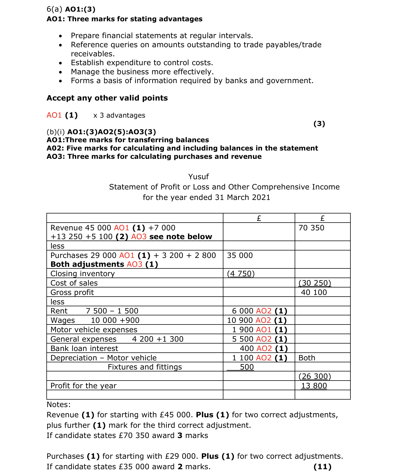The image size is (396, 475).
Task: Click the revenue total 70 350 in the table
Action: (311, 228)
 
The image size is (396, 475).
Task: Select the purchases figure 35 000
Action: (240, 255)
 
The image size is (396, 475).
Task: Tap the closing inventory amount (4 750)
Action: (241, 273)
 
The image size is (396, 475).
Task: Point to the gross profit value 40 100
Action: (314, 292)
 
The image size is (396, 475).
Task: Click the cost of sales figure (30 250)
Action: (315, 283)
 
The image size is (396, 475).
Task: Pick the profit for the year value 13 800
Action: (314, 386)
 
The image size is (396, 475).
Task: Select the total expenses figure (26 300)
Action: (315, 376)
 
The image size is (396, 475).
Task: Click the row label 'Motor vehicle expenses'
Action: (94, 329)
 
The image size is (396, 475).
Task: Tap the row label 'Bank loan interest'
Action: (84, 348)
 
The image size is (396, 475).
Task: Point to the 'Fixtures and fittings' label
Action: (145, 367)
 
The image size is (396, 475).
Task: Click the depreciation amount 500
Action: (247, 367)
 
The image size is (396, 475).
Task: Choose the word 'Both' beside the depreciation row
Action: (307, 358)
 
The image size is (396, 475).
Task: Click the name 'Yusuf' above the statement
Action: (198, 176)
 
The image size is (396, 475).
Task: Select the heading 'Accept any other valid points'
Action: (107, 98)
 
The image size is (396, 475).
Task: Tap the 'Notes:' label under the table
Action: (59, 405)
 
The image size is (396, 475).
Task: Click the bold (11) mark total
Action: (322, 467)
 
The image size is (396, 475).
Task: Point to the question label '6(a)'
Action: (54, 9)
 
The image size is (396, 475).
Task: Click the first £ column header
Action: (259, 218)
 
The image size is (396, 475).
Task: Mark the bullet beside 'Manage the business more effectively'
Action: (60, 72)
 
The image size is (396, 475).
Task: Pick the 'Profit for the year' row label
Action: (83, 386)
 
